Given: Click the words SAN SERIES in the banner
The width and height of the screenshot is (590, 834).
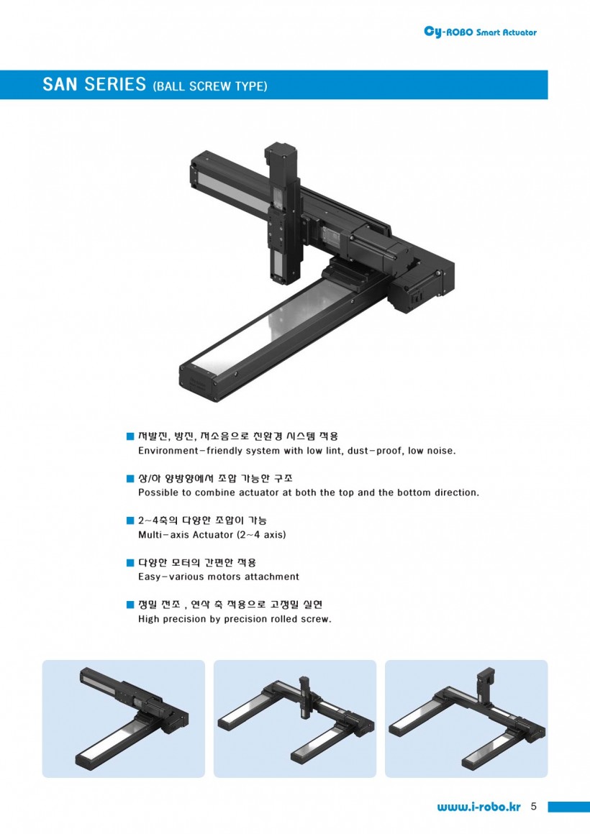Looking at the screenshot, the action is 94,85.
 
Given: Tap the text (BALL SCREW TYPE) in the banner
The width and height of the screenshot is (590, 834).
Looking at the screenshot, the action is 210,86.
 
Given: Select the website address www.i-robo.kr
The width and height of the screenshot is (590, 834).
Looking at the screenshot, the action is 478,807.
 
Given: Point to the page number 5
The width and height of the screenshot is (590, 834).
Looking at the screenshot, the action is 534,807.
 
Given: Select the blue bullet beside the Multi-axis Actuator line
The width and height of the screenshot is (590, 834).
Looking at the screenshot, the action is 130,521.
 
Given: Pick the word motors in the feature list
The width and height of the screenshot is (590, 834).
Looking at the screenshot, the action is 227,577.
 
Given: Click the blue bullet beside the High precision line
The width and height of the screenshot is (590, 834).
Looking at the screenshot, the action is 130,604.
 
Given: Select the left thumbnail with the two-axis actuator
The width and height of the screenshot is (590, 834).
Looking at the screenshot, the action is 124,718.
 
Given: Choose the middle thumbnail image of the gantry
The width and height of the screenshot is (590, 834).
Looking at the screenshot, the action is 295,718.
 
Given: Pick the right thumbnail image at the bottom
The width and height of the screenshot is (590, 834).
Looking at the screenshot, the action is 466,718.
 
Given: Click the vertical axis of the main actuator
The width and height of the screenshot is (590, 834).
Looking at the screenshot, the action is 283,214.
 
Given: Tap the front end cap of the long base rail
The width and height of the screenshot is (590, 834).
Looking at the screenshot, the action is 198,382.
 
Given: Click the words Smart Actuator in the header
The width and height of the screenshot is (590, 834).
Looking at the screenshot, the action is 507,32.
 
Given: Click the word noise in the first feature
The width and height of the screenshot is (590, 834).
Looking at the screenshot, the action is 440,451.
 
